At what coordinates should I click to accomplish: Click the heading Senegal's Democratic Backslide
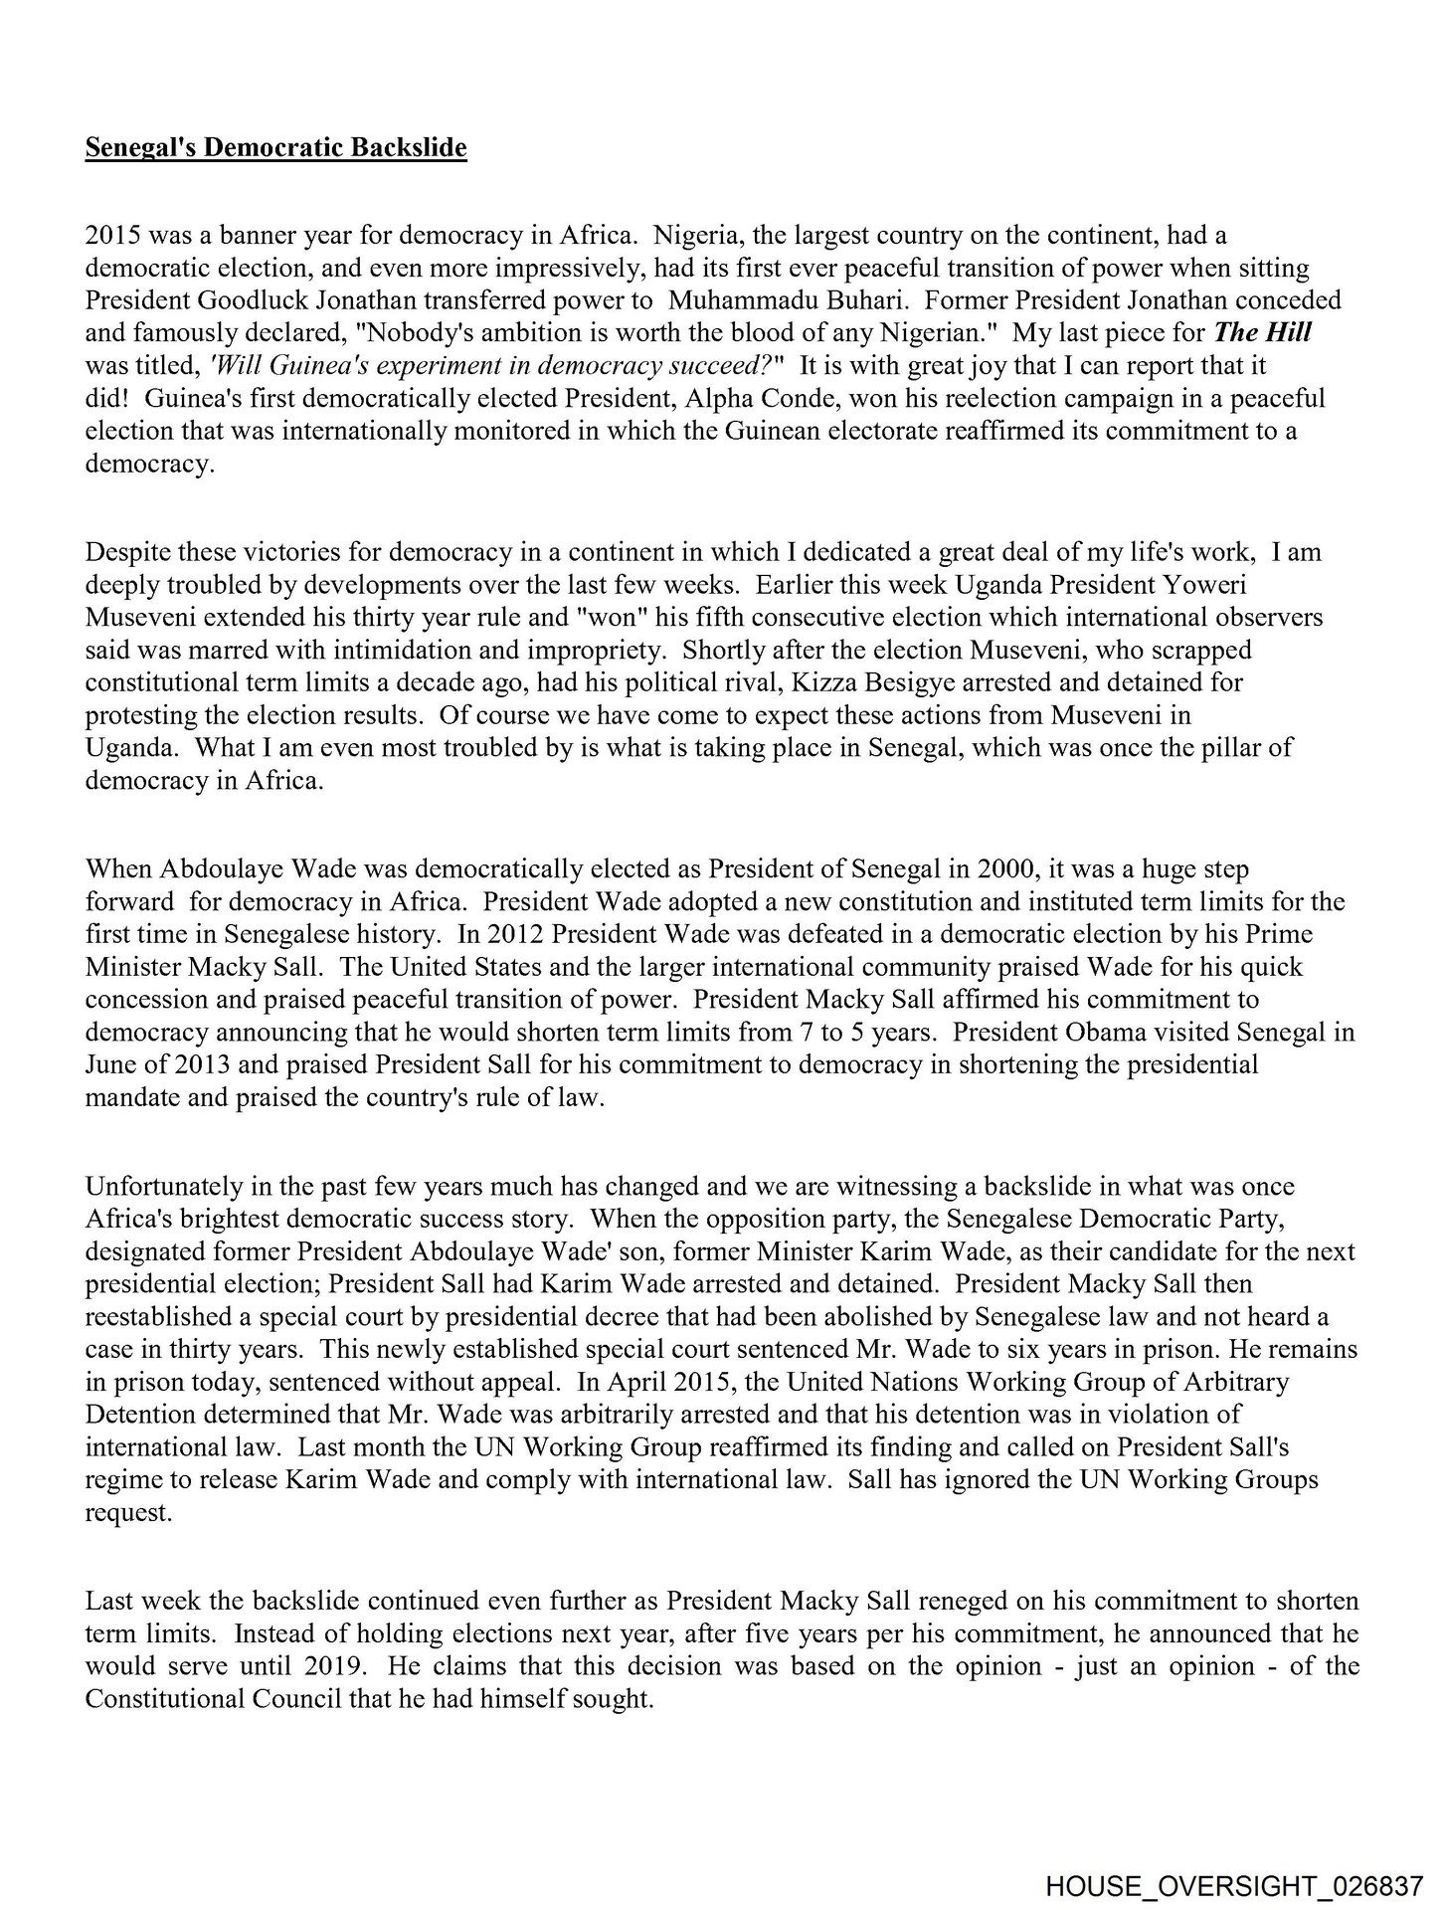click(275, 148)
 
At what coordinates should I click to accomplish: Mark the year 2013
click(177, 1064)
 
